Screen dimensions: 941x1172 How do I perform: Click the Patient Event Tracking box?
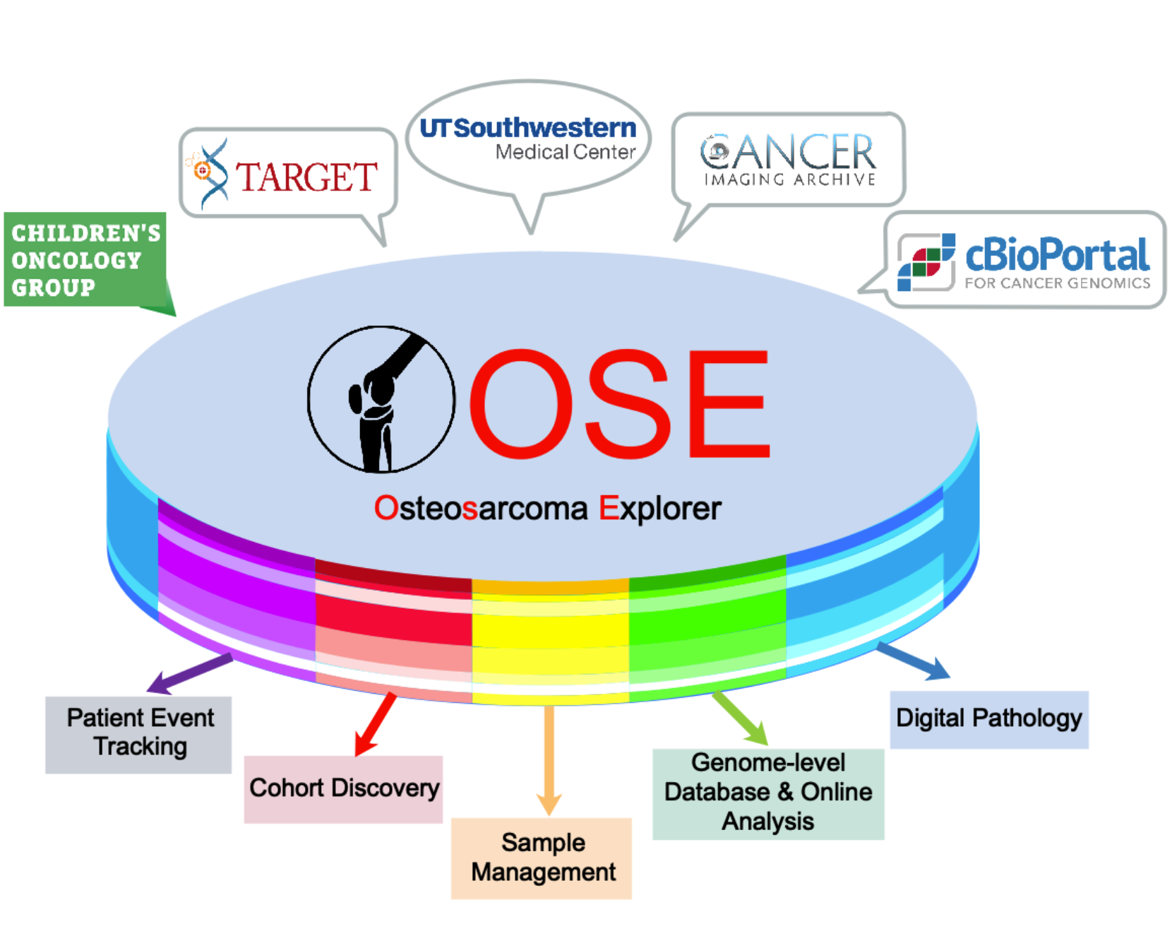point(138,734)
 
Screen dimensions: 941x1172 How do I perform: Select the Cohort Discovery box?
point(343,788)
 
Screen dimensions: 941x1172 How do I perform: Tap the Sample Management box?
point(542,858)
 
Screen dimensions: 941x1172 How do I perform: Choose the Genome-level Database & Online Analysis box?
point(768,793)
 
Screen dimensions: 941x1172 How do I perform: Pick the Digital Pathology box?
point(988,718)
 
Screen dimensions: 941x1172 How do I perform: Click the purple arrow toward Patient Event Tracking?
point(189,673)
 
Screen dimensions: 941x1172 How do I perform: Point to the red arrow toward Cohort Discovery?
point(375,725)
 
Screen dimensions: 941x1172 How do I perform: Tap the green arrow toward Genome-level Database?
point(741,718)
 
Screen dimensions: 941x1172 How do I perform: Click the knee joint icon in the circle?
point(381,400)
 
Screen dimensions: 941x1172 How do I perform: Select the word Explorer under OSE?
point(660,509)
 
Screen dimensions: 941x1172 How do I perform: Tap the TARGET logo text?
point(306,177)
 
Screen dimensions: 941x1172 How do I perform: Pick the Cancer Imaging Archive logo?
point(788,160)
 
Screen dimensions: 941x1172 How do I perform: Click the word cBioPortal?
point(1057,255)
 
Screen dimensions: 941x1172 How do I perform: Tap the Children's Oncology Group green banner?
point(85,260)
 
